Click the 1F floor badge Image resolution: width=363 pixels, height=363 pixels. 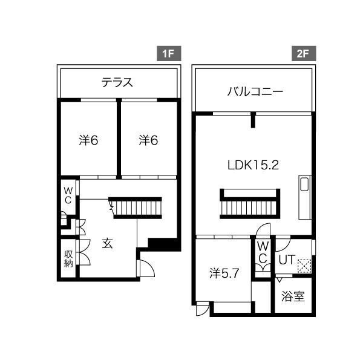[x=169, y=54]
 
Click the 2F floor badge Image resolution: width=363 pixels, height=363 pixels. [x=303, y=54]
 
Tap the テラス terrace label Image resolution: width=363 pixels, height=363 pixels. [x=117, y=82]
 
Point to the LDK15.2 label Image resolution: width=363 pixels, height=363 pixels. [x=253, y=165]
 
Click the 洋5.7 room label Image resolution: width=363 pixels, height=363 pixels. [x=224, y=273]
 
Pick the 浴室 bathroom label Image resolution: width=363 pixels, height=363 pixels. [x=293, y=296]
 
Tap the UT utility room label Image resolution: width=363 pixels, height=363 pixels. [x=287, y=260]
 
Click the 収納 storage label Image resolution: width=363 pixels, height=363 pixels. [x=68, y=259]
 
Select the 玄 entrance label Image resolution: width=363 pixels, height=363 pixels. [x=108, y=243]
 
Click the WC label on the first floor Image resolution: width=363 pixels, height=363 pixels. [x=68, y=196]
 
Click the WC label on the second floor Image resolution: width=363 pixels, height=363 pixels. [x=263, y=252]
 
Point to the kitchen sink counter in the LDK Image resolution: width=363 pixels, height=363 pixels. [x=305, y=197]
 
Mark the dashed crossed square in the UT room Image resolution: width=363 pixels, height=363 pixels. [x=304, y=266]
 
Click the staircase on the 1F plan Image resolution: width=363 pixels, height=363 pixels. [x=135, y=208]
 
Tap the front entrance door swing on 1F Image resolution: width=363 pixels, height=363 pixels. [x=147, y=268]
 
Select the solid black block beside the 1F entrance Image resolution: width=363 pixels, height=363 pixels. [x=165, y=244]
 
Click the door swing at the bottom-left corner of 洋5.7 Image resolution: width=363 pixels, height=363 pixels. [x=203, y=308]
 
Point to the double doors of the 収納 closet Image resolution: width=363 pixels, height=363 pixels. [x=85, y=252]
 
